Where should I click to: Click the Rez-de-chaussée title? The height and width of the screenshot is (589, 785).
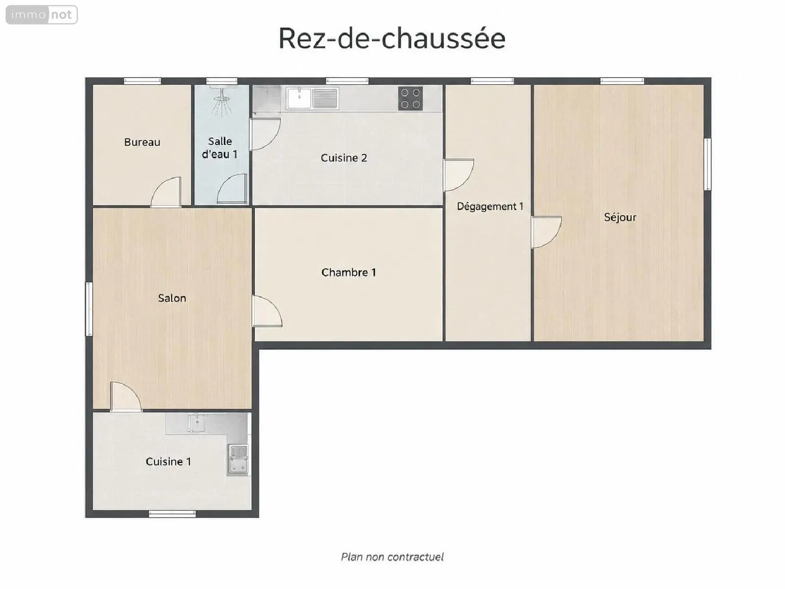(392, 38)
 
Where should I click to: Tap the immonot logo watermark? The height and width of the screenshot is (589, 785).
(42, 15)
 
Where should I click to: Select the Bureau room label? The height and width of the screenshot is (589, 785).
(142, 142)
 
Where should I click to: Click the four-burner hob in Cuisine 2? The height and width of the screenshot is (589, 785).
(410, 98)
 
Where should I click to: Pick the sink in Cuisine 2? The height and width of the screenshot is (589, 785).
(312, 98)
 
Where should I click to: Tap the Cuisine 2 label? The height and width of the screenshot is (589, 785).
(344, 158)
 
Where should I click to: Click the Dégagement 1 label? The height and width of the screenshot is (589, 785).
(490, 206)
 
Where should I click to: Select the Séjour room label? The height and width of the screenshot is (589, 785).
(620, 217)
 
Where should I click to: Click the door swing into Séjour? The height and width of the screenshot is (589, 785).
(546, 232)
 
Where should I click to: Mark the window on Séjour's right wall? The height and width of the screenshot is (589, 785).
(707, 164)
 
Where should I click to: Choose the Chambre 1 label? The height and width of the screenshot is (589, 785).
(349, 272)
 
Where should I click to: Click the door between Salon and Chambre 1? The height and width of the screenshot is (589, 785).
(267, 311)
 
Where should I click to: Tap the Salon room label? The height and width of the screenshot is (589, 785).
(172, 298)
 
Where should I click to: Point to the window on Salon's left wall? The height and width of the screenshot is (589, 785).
(89, 309)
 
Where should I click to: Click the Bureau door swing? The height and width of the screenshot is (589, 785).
(165, 192)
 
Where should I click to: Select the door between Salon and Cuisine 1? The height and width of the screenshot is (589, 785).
(126, 397)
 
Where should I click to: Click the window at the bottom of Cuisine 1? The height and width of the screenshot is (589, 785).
(172, 514)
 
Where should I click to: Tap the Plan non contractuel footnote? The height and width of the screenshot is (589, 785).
(392, 557)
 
